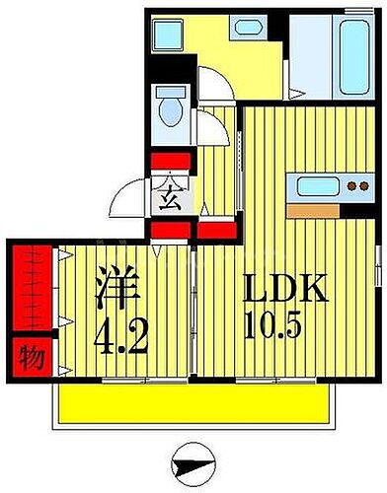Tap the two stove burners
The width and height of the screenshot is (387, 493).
pos(354,186)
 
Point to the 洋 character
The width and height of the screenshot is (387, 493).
pos(116,292)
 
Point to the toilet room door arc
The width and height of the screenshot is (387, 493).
pos(209,126)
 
